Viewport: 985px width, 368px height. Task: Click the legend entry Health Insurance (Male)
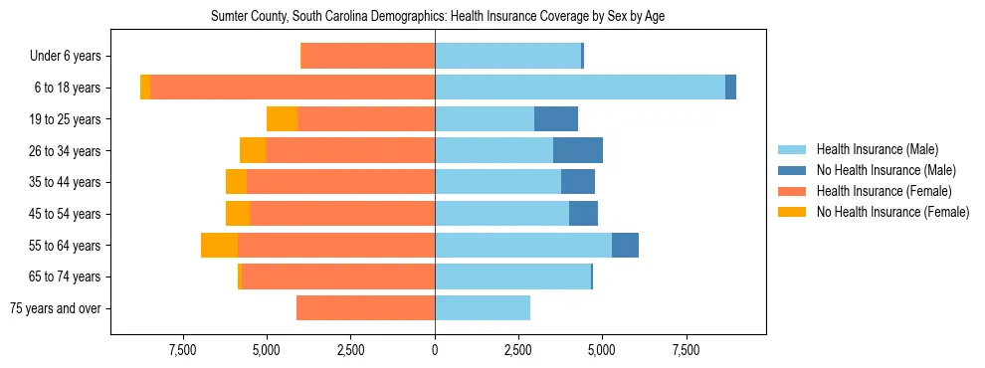(877, 149)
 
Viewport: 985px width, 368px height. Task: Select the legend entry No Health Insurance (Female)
(891, 212)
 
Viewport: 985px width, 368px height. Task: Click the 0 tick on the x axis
(435, 350)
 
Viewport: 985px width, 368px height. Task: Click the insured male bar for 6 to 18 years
(580, 88)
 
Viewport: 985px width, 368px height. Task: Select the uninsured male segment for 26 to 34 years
(578, 150)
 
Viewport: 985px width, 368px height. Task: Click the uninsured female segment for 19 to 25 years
(283, 119)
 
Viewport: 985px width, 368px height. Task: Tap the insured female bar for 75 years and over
(365, 308)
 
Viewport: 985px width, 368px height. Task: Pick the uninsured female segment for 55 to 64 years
(219, 246)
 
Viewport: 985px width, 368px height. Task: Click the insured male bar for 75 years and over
(483, 308)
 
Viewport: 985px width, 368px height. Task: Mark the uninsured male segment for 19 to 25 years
(556, 119)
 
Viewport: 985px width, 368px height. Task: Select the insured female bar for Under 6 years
(367, 57)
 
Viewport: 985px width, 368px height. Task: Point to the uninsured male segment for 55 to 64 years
(625, 246)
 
